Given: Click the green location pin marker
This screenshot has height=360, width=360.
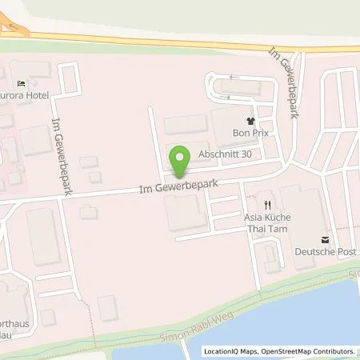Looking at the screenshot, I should click(x=182, y=159).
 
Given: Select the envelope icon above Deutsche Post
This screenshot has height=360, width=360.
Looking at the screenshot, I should click(x=324, y=239).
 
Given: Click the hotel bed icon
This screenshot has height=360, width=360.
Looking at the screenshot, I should click(x=22, y=82).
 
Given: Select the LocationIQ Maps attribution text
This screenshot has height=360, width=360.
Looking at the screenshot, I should click(x=230, y=351).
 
